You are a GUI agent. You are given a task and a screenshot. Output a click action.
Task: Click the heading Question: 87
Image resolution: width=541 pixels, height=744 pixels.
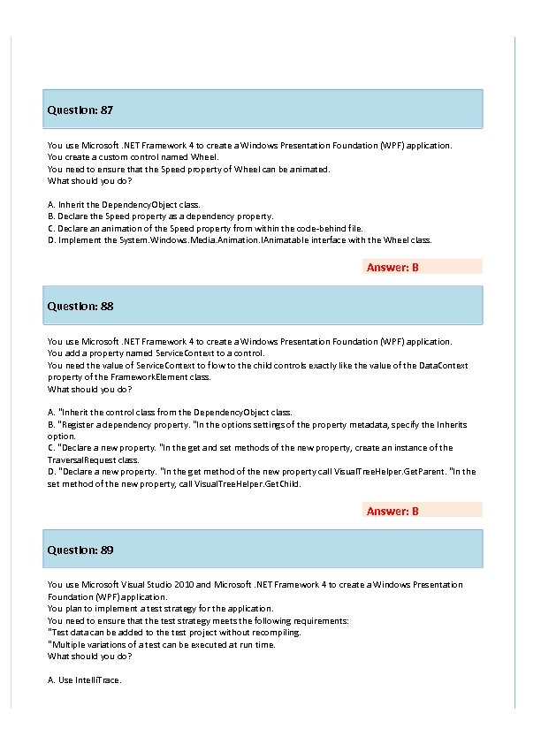[x=80, y=110]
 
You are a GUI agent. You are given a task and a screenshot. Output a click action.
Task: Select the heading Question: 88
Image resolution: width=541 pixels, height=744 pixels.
[x=80, y=307]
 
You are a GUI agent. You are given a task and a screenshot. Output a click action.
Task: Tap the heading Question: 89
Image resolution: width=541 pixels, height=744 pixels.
[x=80, y=550]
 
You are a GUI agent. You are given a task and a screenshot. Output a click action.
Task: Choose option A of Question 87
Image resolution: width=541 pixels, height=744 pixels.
[x=124, y=204]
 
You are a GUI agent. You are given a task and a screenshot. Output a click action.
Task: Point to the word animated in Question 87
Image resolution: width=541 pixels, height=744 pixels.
[x=310, y=169]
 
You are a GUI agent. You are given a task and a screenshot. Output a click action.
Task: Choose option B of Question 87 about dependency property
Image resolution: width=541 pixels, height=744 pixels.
[x=160, y=216]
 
